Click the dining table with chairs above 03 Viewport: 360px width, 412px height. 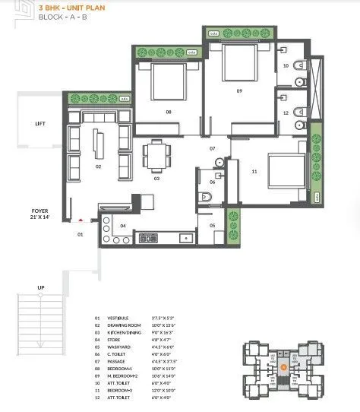click(x=156, y=156)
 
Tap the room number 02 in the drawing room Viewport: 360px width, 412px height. click(x=98, y=165)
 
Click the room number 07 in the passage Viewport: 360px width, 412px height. click(x=213, y=148)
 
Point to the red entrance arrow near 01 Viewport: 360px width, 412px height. click(x=81, y=222)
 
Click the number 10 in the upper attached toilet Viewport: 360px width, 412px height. click(x=286, y=66)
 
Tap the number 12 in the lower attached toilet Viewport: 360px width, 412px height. click(x=286, y=113)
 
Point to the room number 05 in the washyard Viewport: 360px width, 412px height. click(x=213, y=226)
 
